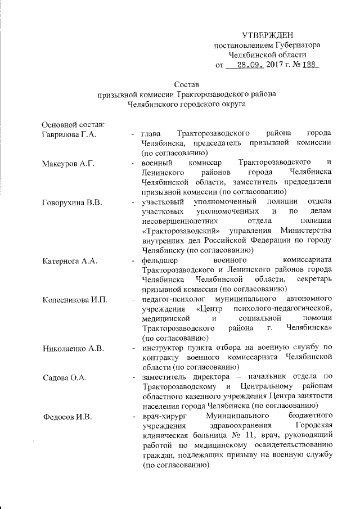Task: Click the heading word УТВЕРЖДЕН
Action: (267, 35)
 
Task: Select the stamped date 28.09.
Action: (250, 65)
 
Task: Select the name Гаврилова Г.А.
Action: (70, 134)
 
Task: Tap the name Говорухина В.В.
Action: (71, 202)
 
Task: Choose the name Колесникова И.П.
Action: (74, 299)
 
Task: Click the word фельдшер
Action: (160, 260)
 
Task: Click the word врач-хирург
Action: (163, 416)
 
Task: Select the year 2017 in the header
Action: (277, 65)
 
